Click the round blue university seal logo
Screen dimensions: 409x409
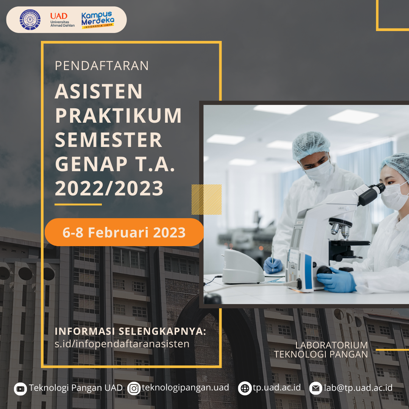30,20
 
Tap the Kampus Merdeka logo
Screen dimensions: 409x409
98,20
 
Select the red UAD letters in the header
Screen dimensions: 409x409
59,16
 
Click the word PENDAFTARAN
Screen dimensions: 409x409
101,66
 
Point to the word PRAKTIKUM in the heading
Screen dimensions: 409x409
118,116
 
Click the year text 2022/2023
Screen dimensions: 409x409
109,188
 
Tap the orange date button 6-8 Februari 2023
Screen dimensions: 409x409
124,232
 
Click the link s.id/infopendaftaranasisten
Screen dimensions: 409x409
122,344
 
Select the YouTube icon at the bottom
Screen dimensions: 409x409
20,389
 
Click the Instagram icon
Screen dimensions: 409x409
134,389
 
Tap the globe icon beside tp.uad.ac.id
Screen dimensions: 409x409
245,389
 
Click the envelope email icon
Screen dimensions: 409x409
315,389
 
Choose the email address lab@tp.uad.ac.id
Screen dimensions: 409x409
358,388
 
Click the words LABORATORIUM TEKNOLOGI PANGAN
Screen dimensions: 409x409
321,350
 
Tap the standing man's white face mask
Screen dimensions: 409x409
320,171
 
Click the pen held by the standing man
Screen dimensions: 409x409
272,258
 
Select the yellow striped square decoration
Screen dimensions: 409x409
206,200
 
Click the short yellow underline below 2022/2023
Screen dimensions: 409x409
78,204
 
